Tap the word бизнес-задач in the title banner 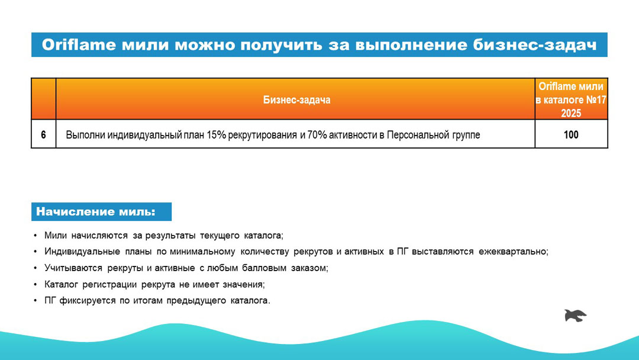pos(535,45)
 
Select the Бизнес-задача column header pos(296,100)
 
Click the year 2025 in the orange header pos(571,113)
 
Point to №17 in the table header pos(596,100)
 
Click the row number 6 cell pos(44,134)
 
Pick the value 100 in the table pos(571,134)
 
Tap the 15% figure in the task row pos(216,134)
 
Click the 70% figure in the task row pos(317,134)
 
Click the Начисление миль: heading pos(96,211)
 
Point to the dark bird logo pos(575,316)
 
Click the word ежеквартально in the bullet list pos(512,252)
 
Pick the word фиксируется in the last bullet pos(88,301)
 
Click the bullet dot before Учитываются pos(35,268)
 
